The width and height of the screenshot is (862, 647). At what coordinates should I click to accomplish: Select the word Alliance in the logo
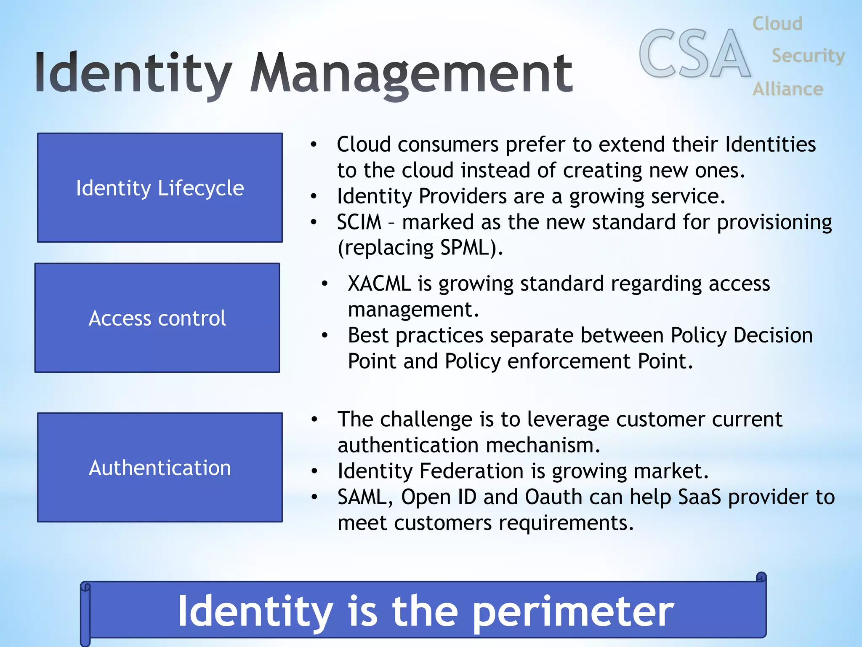pyautogui.click(x=788, y=89)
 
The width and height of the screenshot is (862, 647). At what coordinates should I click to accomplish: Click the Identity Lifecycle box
pyautogui.click(x=160, y=188)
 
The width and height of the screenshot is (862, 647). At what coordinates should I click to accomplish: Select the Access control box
pyautogui.click(x=157, y=318)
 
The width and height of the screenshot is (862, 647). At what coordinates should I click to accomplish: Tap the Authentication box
pyautogui.click(x=160, y=468)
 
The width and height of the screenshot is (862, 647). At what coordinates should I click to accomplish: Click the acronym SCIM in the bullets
pyautogui.click(x=359, y=222)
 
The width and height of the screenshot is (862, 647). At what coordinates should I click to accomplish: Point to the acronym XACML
pyautogui.click(x=379, y=284)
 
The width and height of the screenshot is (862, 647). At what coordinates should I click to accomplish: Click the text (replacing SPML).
pyautogui.click(x=420, y=248)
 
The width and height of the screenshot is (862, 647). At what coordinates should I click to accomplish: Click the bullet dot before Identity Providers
pyautogui.click(x=314, y=196)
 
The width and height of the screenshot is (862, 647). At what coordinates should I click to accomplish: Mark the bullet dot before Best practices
pyautogui.click(x=325, y=336)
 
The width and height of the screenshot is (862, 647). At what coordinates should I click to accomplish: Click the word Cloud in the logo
pyautogui.click(x=777, y=24)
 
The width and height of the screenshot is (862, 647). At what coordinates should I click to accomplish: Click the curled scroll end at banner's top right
pyautogui.click(x=761, y=577)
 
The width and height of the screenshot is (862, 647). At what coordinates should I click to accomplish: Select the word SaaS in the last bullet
pyautogui.click(x=700, y=497)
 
